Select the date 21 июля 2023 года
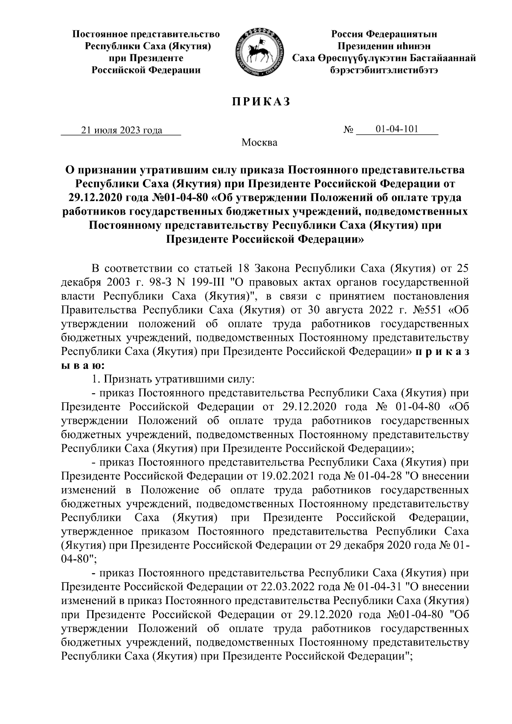pos(122,131)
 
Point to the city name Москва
pos(259,142)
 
